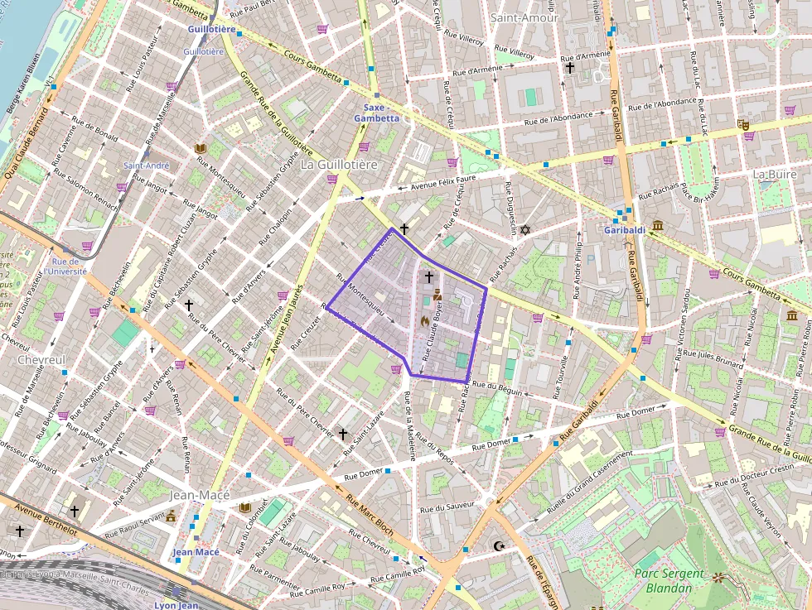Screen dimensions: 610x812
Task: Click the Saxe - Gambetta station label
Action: click(376, 113)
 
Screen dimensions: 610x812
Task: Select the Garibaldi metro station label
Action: click(625, 229)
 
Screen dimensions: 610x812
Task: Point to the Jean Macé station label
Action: click(196, 552)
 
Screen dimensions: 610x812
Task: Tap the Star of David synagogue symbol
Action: click(524, 229)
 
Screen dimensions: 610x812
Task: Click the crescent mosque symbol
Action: click(498, 546)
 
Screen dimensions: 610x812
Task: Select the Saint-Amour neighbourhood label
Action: click(524, 17)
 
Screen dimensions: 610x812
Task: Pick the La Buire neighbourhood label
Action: click(774, 175)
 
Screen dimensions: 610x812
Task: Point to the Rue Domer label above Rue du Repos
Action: click(492, 444)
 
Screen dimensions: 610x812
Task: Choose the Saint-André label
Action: click(146, 166)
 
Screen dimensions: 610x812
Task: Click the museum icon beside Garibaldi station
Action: click(657, 226)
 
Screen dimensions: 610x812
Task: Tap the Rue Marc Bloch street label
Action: click(370, 515)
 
